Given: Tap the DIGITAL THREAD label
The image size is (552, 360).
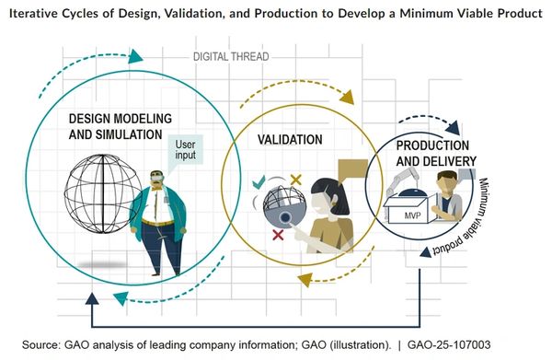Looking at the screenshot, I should click(231, 56).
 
